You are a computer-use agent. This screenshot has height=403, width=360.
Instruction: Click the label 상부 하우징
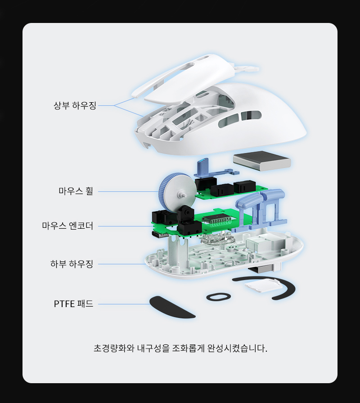coord(75,105)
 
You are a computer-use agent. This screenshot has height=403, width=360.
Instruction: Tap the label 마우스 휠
coord(76,191)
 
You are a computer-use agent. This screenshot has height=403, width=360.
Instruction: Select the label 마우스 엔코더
coord(67,226)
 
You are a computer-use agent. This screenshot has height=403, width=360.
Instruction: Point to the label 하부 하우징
coord(72,264)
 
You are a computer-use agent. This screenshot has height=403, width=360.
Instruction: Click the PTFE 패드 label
coord(73,304)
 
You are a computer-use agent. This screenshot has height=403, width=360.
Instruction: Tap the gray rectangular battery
coord(262,161)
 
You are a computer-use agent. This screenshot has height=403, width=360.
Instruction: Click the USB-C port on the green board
coord(160,235)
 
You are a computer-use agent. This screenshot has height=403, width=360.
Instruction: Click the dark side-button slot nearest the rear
coord(251,116)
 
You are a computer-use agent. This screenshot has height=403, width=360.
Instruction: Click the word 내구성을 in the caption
coord(153,349)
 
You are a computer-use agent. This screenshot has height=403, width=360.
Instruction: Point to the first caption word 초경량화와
coord(114,349)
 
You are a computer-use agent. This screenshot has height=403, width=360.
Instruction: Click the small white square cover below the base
coord(262,285)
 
